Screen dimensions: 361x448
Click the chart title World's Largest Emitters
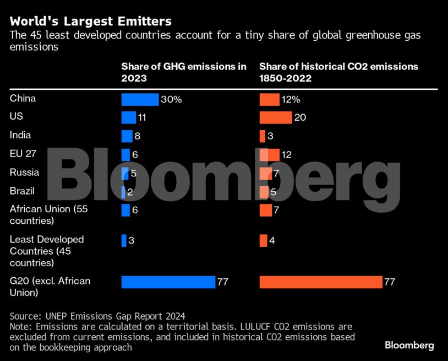point(91,21)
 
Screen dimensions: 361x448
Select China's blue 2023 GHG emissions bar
point(140,99)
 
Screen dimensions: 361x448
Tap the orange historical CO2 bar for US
point(275,117)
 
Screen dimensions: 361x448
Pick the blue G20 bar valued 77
point(168,282)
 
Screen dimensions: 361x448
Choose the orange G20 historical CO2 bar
point(320,282)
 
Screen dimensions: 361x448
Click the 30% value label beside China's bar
point(171,100)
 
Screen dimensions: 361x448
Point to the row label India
point(20,135)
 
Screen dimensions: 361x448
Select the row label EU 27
point(23,154)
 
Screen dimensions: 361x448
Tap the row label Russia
point(24,172)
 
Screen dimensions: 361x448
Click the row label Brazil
point(22,191)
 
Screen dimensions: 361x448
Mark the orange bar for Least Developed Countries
point(263,240)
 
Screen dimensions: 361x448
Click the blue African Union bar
point(125,210)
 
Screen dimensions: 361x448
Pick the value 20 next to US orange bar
point(300,118)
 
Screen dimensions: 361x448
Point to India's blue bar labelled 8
point(127,136)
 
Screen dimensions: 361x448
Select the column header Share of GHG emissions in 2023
point(184,72)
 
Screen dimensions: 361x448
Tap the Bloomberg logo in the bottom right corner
point(409,346)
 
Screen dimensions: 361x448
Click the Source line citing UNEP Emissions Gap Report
point(97,316)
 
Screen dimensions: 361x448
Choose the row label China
point(23,99)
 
